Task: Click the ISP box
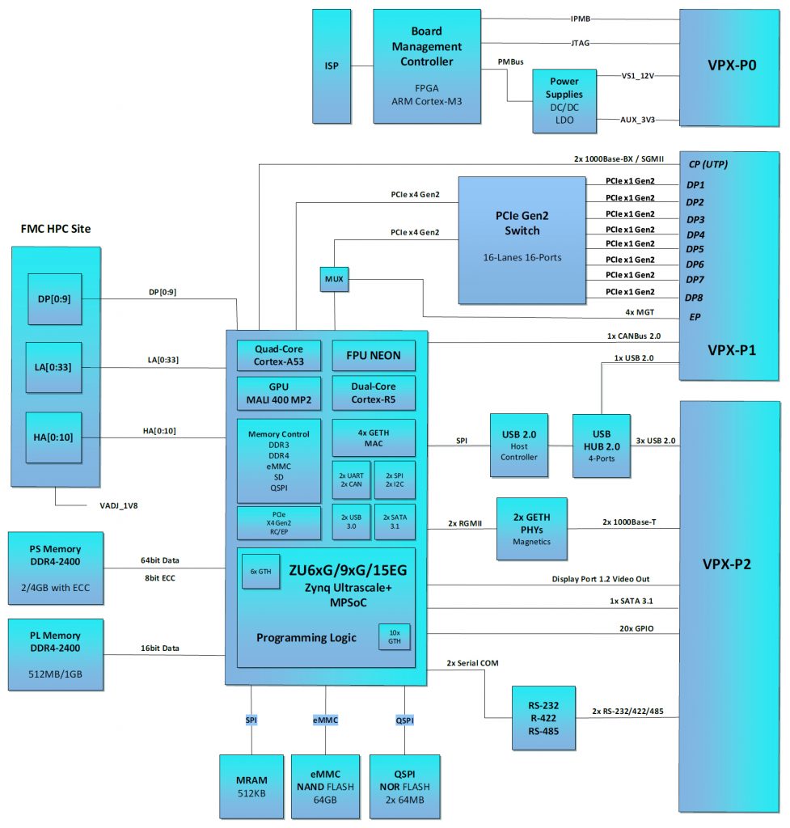332,66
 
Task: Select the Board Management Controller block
426,66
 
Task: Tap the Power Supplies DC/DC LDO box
564,100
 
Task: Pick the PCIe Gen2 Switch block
522,239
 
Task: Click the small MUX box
333,280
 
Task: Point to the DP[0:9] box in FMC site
54,298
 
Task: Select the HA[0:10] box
54,437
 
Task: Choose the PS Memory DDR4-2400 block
55,568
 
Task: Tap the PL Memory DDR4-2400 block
55,654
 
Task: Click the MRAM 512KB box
251,785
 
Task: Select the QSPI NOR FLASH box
404,785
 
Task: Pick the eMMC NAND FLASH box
326,785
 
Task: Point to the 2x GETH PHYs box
531,528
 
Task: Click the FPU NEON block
374,355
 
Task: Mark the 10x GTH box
394,636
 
